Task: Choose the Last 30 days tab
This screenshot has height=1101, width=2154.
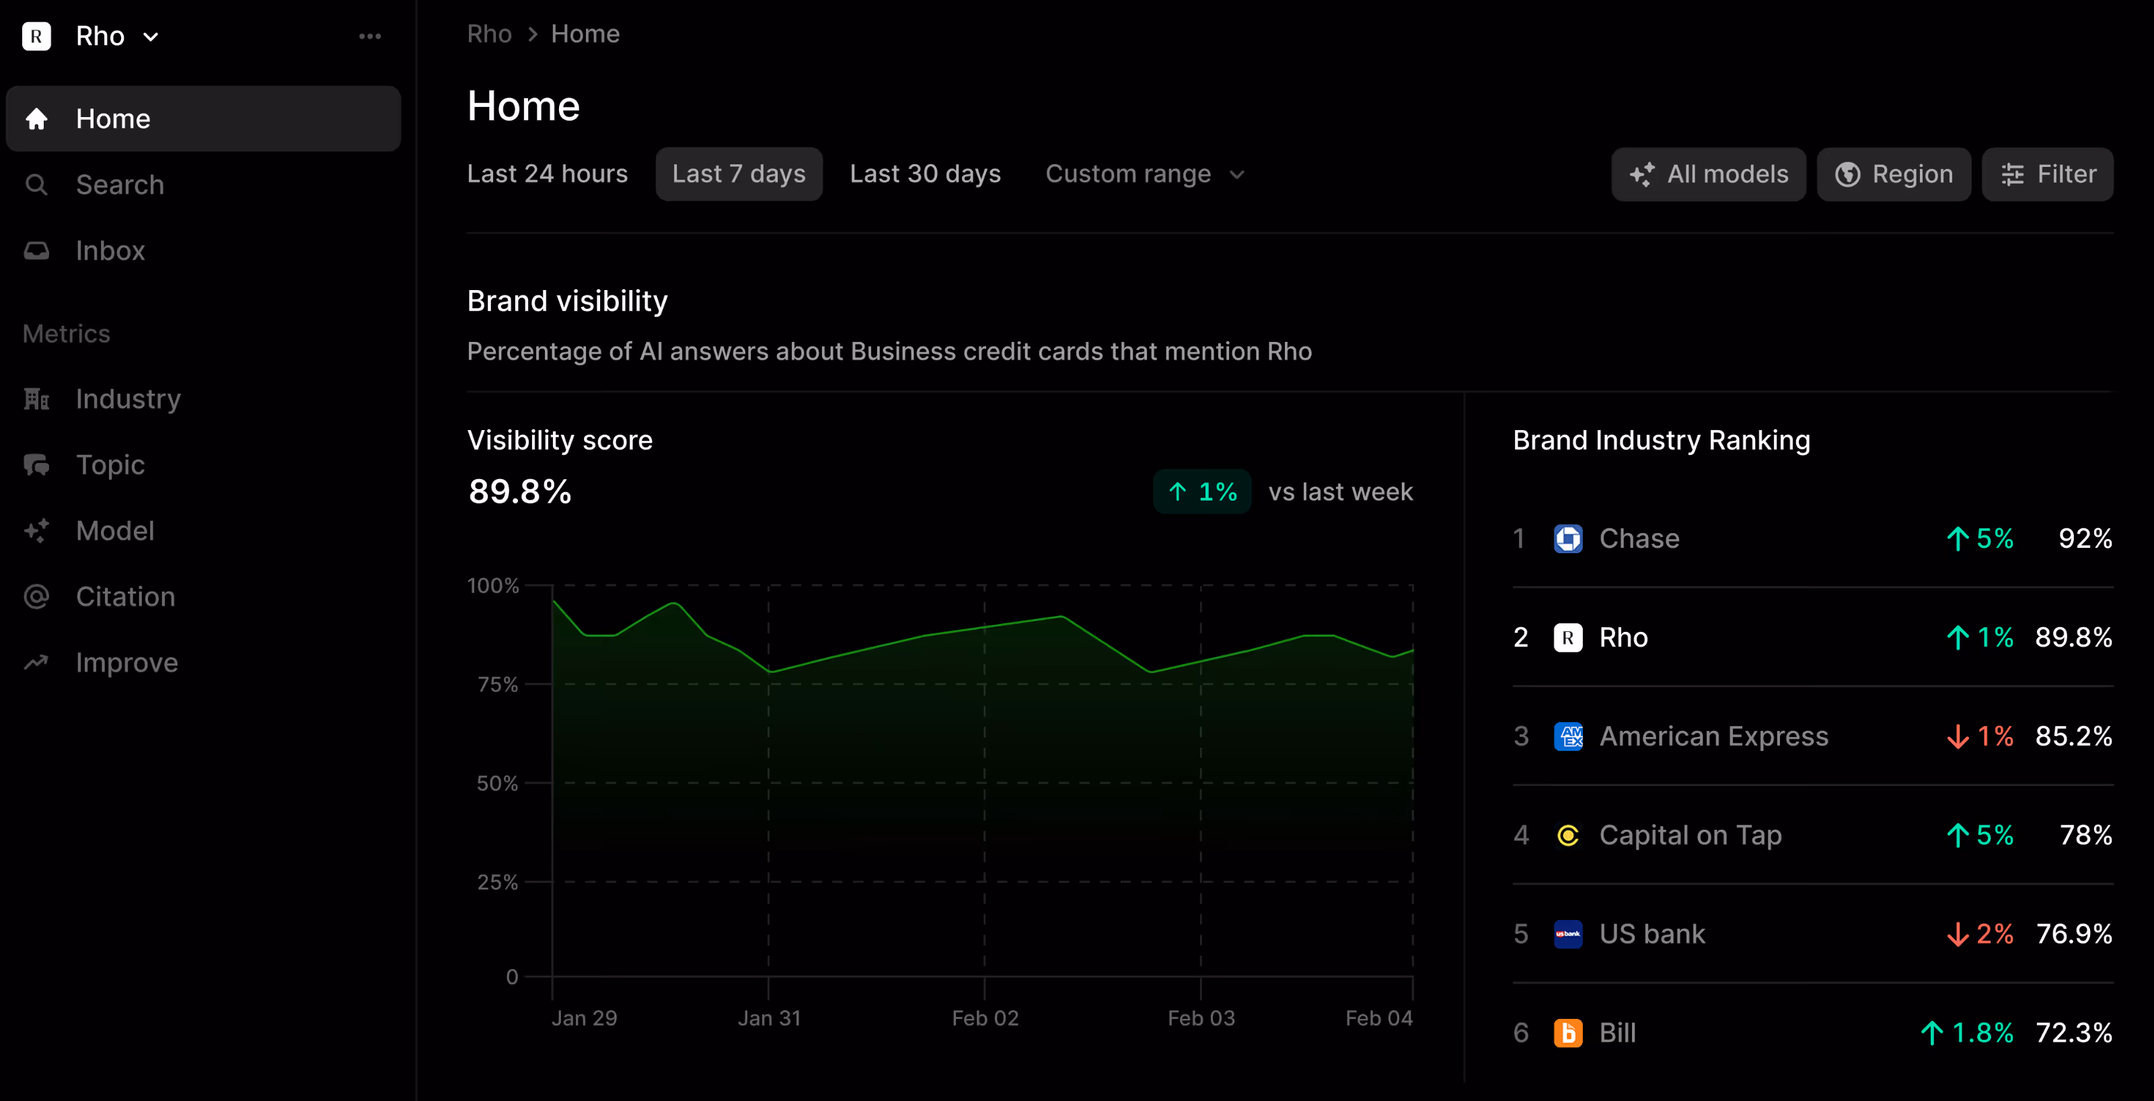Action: (925, 174)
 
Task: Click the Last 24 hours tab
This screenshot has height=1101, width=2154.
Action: (547, 174)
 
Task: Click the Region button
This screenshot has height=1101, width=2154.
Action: (1893, 174)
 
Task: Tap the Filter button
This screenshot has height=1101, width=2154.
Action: (2047, 174)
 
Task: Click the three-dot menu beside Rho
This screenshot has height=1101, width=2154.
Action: (369, 36)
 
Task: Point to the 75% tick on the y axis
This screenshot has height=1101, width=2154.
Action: (498, 684)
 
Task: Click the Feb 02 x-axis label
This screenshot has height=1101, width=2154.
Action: (985, 1018)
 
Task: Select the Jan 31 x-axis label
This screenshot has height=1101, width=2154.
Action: (770, 1018)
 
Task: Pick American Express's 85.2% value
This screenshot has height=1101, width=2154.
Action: (2074, 736)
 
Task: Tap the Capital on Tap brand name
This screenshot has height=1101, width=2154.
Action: (1690, 835)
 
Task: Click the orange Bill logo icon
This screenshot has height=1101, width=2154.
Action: (1568, 1033)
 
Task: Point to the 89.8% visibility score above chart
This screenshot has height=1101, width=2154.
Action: (520, 492)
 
